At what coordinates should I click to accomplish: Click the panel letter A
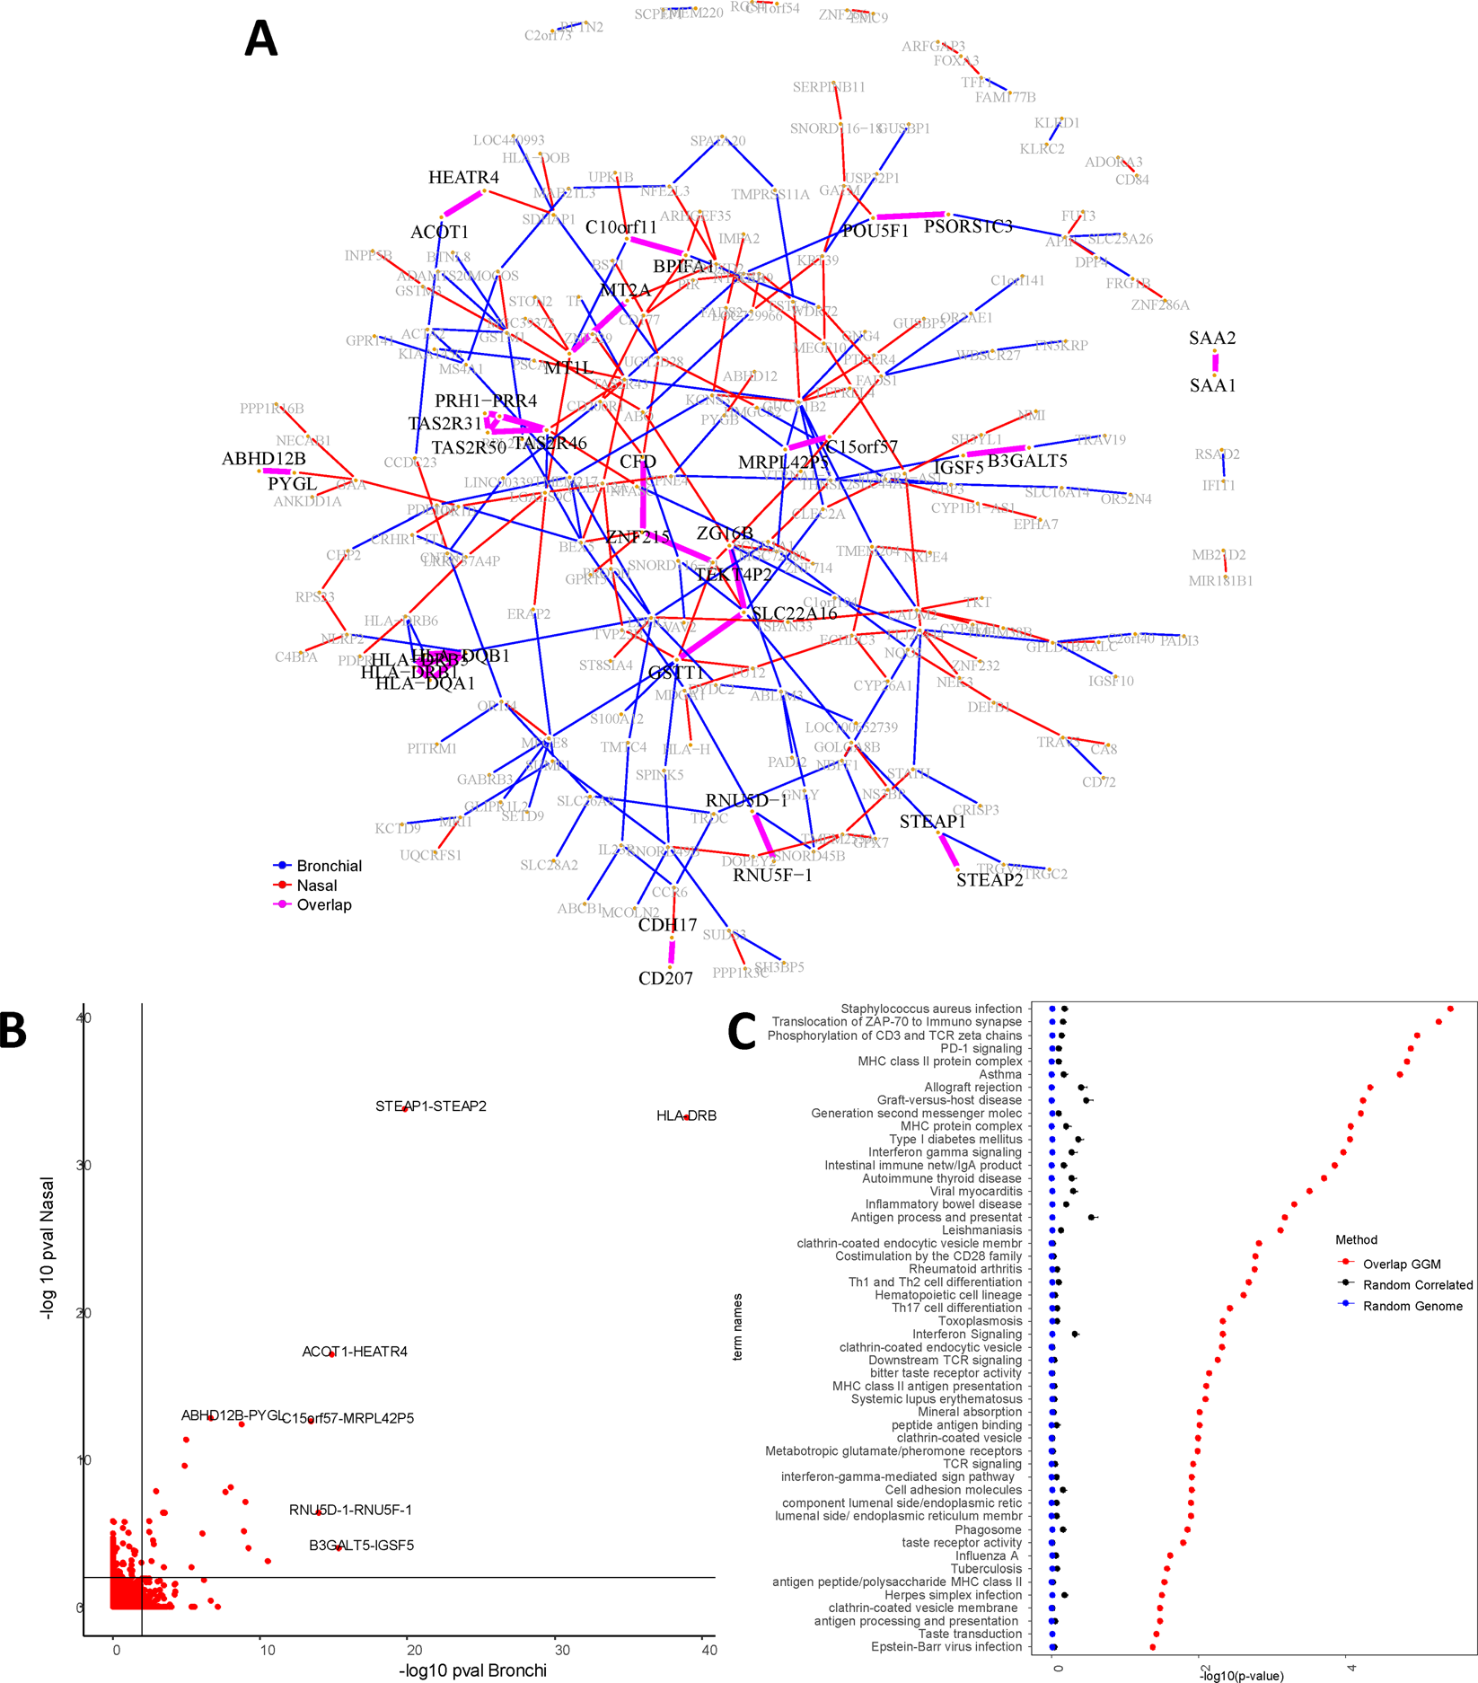(260, 40)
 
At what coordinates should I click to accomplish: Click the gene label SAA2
(1212, 339)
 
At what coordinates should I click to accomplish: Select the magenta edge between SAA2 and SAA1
(1215, 363)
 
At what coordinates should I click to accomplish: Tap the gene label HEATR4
(463, 178)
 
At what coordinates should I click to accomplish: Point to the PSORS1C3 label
(968, 227)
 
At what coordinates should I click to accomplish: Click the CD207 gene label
(665, 979)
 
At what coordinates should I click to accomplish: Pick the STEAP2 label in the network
(989, 881)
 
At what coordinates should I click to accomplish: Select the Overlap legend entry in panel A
(323, 905)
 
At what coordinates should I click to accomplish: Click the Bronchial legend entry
(329, 867)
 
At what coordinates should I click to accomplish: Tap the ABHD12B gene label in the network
(264, 460)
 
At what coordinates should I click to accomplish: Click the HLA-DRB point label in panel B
(686, 1116)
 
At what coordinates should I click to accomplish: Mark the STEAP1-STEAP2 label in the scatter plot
(431, 1106)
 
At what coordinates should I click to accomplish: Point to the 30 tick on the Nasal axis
(84, 1166)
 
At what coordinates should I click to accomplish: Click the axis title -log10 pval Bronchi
(472, 1670)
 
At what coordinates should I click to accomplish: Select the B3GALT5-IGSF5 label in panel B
(361, 1546)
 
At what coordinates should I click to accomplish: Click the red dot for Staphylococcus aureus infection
(1449, 1009)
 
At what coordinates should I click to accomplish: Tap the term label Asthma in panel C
(999, 1074)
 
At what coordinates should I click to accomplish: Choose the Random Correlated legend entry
(1417, 1285)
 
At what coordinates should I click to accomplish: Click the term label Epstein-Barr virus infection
(946, 1647)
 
